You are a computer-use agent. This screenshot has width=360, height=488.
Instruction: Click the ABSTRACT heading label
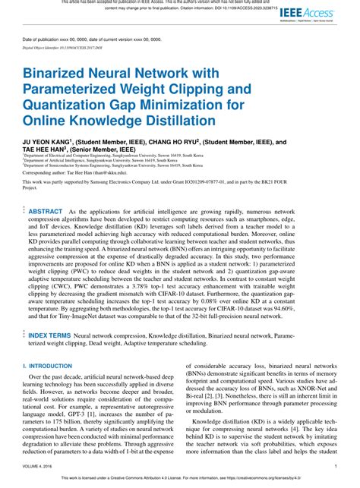click(46, 212)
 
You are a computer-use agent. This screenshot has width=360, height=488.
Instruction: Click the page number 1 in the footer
click(336, 468)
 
